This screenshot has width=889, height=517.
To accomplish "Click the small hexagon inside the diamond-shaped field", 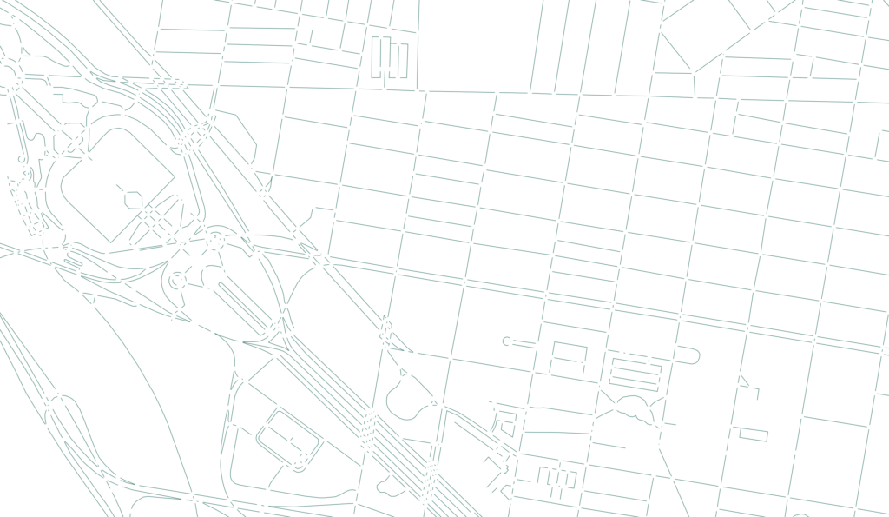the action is [x=133, y=200].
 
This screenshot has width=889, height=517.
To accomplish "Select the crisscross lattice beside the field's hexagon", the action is [x=156, y=217].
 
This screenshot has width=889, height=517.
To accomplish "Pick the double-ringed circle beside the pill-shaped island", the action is [x=177, y=281].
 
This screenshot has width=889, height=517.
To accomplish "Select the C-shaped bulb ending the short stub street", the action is [x=507, y=341].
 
